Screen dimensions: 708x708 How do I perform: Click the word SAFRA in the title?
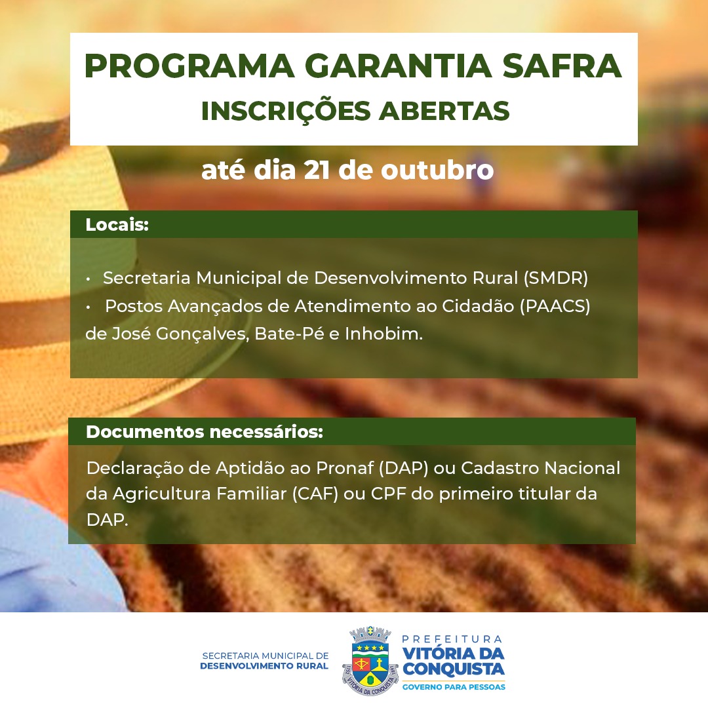[x=562, y=66]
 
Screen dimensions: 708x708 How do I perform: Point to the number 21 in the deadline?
[x=315, y=170]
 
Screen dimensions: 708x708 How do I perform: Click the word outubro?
[x=437, y=170]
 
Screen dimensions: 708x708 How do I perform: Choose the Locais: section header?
[x=117, y=224]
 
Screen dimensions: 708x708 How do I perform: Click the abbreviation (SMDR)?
[x=556, y=278]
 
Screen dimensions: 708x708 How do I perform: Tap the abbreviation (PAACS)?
[x=555, y=307]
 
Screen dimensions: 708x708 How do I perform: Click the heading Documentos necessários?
[x=205, y=431]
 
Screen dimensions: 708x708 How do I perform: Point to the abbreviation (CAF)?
[x=315, y=494]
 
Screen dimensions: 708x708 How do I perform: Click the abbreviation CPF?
[x=388, y=494]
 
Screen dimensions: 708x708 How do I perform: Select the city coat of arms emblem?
[x=370, y=660]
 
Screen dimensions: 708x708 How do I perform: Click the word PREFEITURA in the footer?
[x=452, y=639]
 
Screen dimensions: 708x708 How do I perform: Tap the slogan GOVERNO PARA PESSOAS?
[x=454, y=687]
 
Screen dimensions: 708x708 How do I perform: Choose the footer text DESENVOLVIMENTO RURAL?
[x=264, y=666]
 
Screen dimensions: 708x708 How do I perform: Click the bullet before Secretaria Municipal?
[x=88, y=279]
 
